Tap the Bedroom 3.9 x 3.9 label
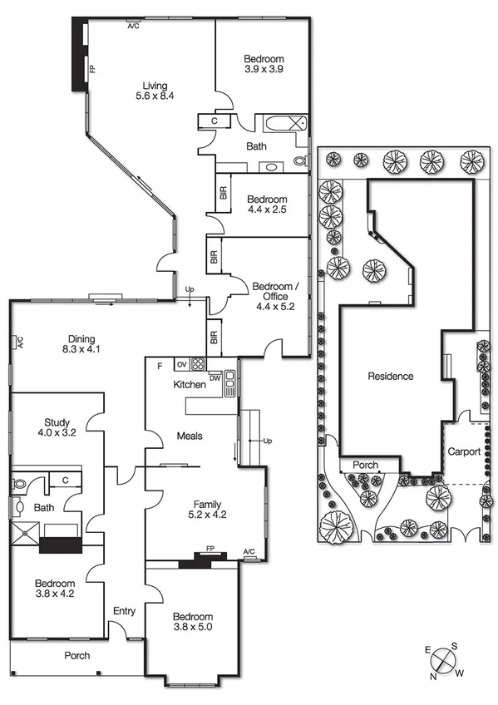point(264,64)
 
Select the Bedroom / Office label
point(271,296)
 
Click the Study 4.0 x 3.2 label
point(57,427)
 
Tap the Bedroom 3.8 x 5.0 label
point(193,622)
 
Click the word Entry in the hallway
point(124,612)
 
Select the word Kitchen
point(189,385)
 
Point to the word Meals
point(190,436)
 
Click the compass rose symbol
point(445,662)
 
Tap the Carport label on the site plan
point(464,452)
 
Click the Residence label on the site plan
point(390,377)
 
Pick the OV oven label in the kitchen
point(181,364)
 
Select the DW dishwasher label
point(214,377)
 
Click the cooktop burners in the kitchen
point(198,363)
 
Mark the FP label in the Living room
point(92,69)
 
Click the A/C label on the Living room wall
point(133,27)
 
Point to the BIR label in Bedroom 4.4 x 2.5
point(222,191)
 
